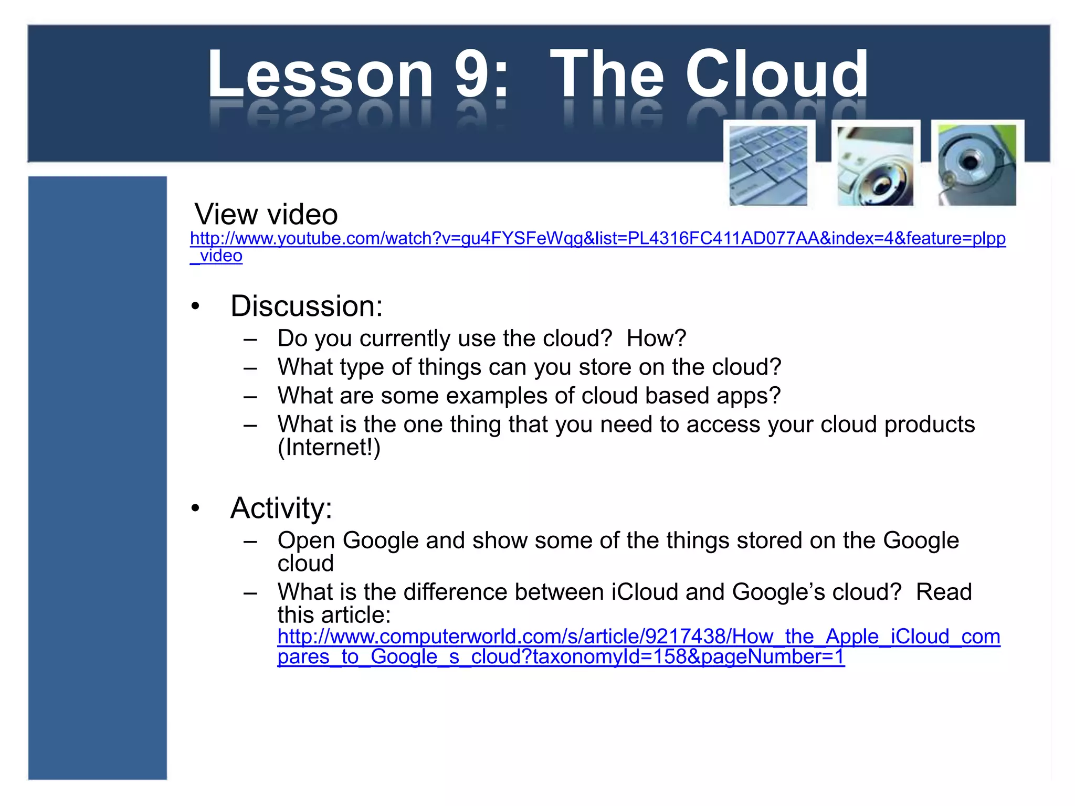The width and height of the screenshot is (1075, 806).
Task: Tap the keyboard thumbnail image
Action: tap(768, 165)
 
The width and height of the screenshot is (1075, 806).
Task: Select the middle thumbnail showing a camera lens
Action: tap(875, 166)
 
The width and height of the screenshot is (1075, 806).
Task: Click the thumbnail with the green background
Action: tap(977, 165)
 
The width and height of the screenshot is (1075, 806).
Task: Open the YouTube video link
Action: tap(597, 239)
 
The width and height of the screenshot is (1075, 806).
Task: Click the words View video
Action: tap(266, 215)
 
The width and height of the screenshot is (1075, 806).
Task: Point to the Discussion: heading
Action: tap(307, 306)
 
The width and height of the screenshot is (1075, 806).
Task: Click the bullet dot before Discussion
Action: tap(196, 306)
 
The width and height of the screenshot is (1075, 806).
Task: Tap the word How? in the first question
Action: tap(656, 338)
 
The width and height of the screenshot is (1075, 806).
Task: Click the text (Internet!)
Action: tap(329, 448)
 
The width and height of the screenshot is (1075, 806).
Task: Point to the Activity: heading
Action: tap(281, 508)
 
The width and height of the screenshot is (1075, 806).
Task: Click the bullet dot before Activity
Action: tap(196, 508)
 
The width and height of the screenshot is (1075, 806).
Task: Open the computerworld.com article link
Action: tap(638, 637)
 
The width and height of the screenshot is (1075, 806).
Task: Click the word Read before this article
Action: tap(943, 592)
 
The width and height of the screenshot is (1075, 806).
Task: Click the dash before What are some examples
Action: tap(250, 396)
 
